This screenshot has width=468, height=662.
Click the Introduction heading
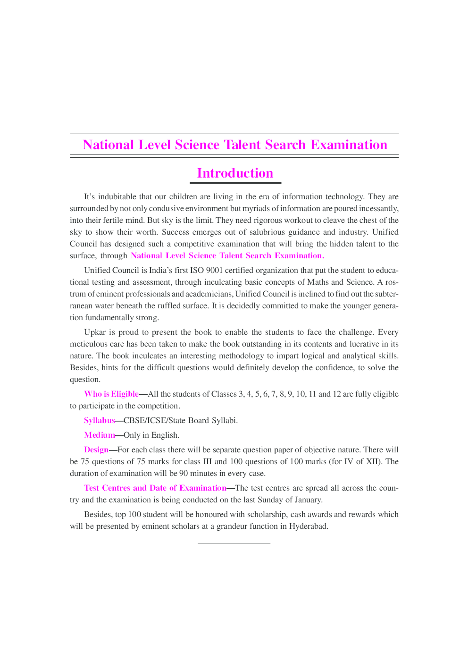(235, 173)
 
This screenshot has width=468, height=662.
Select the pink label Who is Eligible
(111, 394)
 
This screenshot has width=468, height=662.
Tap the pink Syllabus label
(100, 420)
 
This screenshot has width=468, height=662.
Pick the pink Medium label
(100, 435)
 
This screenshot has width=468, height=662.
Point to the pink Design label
(96, 450)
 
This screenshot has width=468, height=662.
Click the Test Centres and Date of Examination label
(155, 488)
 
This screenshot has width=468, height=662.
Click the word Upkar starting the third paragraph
(95, 332)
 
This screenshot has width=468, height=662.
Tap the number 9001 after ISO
(214, 270)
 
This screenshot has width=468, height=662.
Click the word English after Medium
(165, 435)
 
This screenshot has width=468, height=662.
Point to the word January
(307, 500)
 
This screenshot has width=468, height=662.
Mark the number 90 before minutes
(184, 473)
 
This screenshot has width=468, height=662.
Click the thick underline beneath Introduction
(235, 183)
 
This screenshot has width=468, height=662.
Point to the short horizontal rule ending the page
(234, 543)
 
